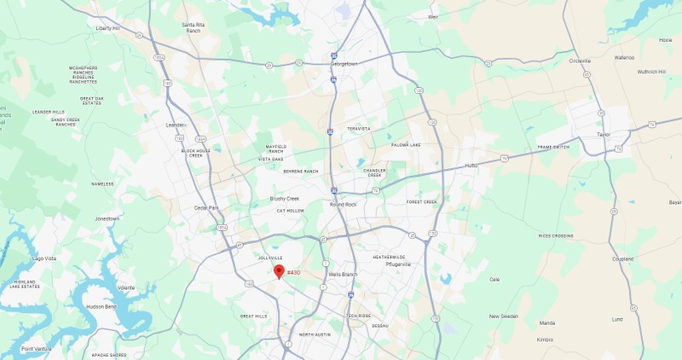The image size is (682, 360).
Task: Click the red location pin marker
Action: (279, 271)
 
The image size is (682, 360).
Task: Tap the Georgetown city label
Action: (344, 64)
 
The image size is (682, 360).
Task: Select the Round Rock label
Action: (343, 205)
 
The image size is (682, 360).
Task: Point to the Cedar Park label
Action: (206, 207)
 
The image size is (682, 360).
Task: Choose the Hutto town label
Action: (471, 165)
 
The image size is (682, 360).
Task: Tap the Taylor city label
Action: (604, 135)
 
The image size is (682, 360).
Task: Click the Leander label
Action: (175, 125)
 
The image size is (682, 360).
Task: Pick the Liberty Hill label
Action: (108, 28)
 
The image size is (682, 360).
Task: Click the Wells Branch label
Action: (344, 275)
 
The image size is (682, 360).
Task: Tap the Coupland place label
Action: (623, 258)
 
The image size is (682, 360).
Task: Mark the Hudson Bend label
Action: (101, 306)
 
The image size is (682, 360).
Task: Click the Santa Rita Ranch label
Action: (194, 26)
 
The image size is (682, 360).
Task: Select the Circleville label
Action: (580, 61)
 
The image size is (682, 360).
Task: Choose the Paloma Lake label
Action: (406, 145)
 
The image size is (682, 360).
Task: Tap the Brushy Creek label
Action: (285, 199)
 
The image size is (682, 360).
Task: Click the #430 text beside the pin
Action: (293, 272)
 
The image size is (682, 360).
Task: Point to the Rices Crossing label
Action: (556, 235)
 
